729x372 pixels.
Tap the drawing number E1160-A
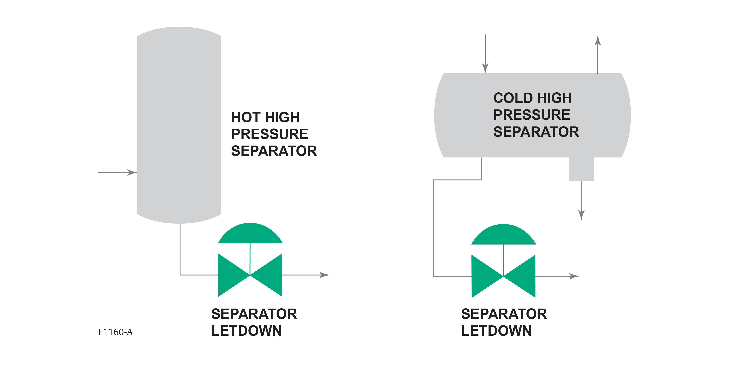click(115, 332)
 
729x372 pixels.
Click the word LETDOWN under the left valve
click(246, 331)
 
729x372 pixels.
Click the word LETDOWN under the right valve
click(496, 331)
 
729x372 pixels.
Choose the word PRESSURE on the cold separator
click(532, 115)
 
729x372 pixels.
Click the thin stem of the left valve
click(250, 258)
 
